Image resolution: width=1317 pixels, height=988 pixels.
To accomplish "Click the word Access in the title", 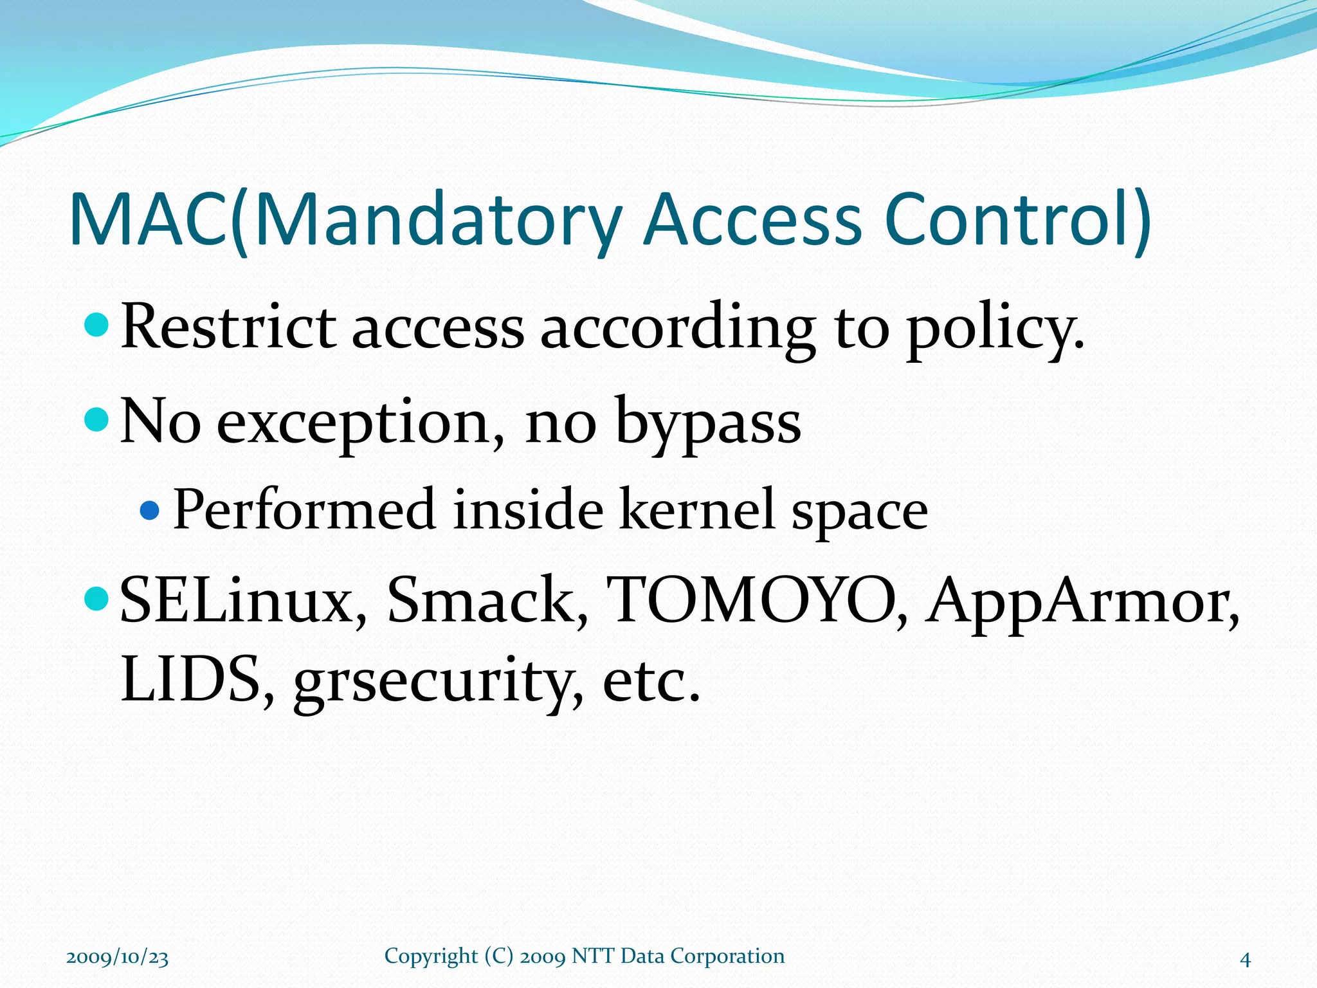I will coord(752,220).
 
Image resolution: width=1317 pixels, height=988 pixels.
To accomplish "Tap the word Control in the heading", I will coord(1010,220).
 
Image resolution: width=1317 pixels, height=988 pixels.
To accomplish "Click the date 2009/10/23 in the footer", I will coord(117,957).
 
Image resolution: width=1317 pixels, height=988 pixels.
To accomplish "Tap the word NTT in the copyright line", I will coord(594,956).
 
